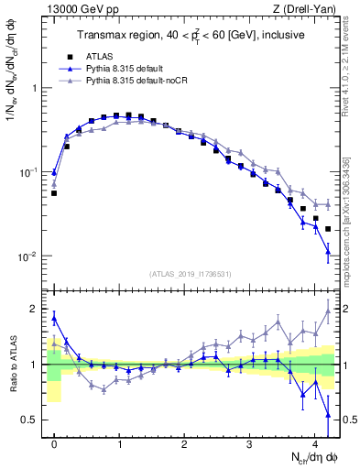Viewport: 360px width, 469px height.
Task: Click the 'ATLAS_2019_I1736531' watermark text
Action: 191,274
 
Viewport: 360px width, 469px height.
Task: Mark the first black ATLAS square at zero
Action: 54,193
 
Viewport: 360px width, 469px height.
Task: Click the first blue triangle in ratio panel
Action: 54,318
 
